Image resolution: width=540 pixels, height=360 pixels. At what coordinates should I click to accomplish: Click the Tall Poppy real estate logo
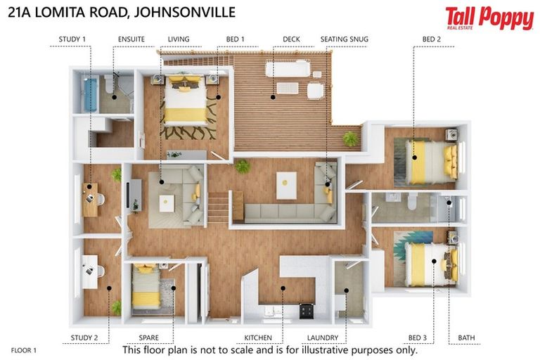point(489,18)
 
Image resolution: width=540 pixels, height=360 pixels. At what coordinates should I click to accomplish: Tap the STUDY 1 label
point(73,39)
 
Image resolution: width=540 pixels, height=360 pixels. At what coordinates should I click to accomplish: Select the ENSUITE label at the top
point(131,39)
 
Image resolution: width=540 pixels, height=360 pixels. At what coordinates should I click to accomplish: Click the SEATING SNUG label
point(344,39)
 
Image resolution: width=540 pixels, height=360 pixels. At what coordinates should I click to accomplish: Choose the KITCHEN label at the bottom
point(257,338)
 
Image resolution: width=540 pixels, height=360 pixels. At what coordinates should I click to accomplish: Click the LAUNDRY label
point(321,338)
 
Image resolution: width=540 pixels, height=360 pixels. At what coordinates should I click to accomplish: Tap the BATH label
point(466,338)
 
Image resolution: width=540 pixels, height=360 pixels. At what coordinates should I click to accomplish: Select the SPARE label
point(148,338)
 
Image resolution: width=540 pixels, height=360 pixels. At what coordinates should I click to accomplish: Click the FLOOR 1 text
point(24,349)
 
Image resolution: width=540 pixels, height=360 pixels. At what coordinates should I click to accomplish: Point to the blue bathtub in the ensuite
point(89,95)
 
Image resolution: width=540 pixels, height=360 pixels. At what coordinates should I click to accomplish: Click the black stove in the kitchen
point(307,311)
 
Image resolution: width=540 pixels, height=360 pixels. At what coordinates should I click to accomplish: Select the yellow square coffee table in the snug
point(285,185)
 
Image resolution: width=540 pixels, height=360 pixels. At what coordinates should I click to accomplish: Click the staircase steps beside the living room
point(219,208)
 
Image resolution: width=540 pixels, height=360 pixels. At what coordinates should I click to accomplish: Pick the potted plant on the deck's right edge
point(349,138)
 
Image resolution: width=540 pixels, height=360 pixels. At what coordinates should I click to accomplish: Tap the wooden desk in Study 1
point(90,200)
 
